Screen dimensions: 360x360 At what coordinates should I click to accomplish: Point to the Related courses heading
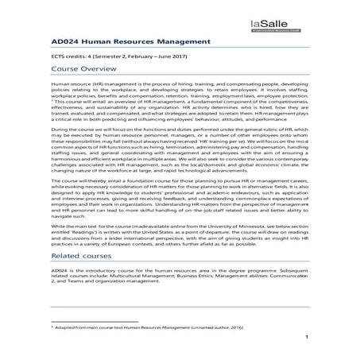pyautogui.click(x=82, y=257)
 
